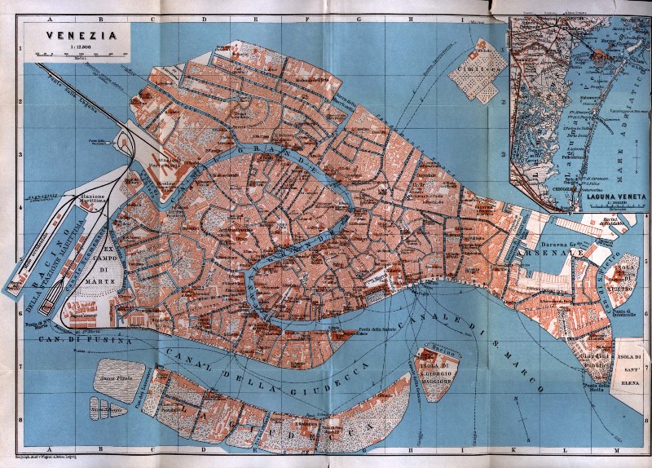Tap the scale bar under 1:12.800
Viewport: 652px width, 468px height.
(x=79, y=55)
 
